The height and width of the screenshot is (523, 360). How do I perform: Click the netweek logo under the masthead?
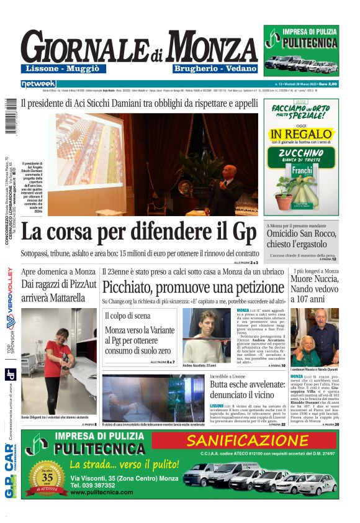[x=38, y=83]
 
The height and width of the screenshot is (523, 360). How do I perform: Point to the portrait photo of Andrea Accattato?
[x=206, y=335]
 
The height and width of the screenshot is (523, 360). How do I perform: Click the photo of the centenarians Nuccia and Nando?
[x=315, y=336]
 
